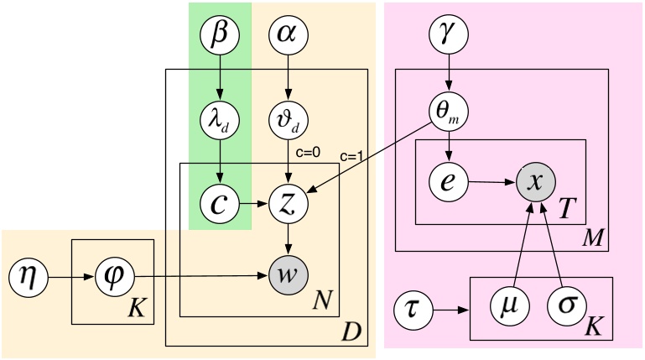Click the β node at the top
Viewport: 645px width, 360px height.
coord(220,36)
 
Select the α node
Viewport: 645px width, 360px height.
coord(288,36)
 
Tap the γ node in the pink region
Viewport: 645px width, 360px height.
coord(450,36)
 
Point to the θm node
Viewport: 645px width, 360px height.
coord(450,109)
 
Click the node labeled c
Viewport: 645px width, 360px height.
coord(220,202)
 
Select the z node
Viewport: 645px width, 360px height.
coord(288,202)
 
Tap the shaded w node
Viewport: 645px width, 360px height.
coord(288,274)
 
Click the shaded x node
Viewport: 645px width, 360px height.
coord(537,180)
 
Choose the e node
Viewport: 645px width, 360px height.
coord(450,180)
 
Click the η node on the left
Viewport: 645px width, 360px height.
coord(29,274)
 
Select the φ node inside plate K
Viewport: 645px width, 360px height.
coord(112,274)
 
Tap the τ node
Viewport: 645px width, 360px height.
coord(415,311)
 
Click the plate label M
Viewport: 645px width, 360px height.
coord(595,238)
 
